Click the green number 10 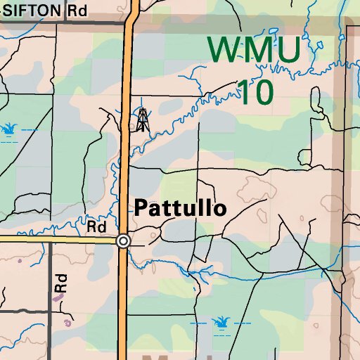coord(254,91)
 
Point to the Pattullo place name coord(180,208)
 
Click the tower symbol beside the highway coord(143,119)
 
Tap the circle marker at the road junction coord(124,241)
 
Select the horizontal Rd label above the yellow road coord(96,227)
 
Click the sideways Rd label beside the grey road coord(61,283)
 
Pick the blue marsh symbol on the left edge coord(8,129)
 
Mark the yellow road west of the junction coord(56,239)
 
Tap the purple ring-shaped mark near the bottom coord(67,323)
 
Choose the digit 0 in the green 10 coord(262,91)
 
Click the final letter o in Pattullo coord(220,209)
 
